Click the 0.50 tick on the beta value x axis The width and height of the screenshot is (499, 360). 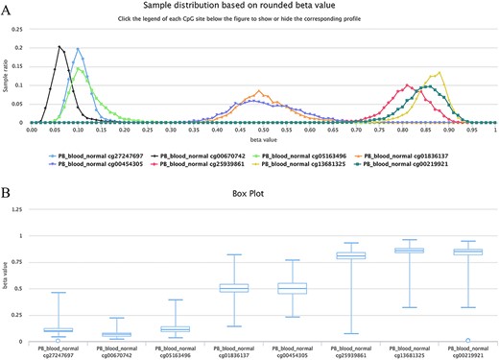point(254,131)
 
